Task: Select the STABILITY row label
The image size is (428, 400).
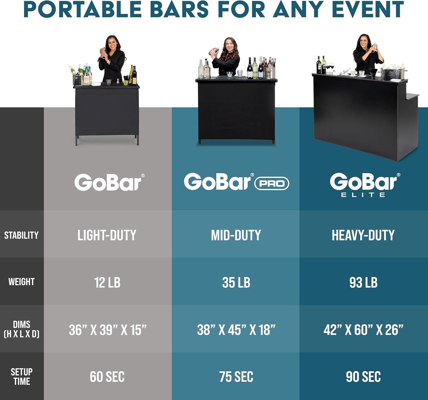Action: (x=21, y=235)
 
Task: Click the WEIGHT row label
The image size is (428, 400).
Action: (x=22, y=282)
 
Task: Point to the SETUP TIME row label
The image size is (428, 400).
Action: (x=22, y=377)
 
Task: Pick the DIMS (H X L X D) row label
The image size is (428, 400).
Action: (x=22, y=329)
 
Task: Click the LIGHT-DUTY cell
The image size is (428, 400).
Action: (x=107, y=235)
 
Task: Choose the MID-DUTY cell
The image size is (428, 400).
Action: (x=236, y=235)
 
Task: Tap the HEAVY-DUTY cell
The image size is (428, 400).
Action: (x=363, y=235)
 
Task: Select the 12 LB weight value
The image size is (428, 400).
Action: (x=107, y=282)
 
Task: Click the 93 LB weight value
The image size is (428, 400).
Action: (x=364, y=282)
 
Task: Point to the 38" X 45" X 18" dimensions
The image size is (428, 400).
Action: (x=236, y=330)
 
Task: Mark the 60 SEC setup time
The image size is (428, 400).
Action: (x=107, y=377)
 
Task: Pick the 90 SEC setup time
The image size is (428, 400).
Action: (x=363, y=377)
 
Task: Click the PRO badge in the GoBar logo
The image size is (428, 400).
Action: (x=272, y=184)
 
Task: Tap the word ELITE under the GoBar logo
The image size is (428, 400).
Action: (x=363, y=195)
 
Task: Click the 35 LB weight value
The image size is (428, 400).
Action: (x=236, y=282)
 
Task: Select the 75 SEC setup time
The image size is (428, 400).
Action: (x=236, y=377)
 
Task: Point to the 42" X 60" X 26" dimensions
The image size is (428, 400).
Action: (x=363, y=330)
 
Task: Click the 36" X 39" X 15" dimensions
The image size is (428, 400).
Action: (x=108, y=330)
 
